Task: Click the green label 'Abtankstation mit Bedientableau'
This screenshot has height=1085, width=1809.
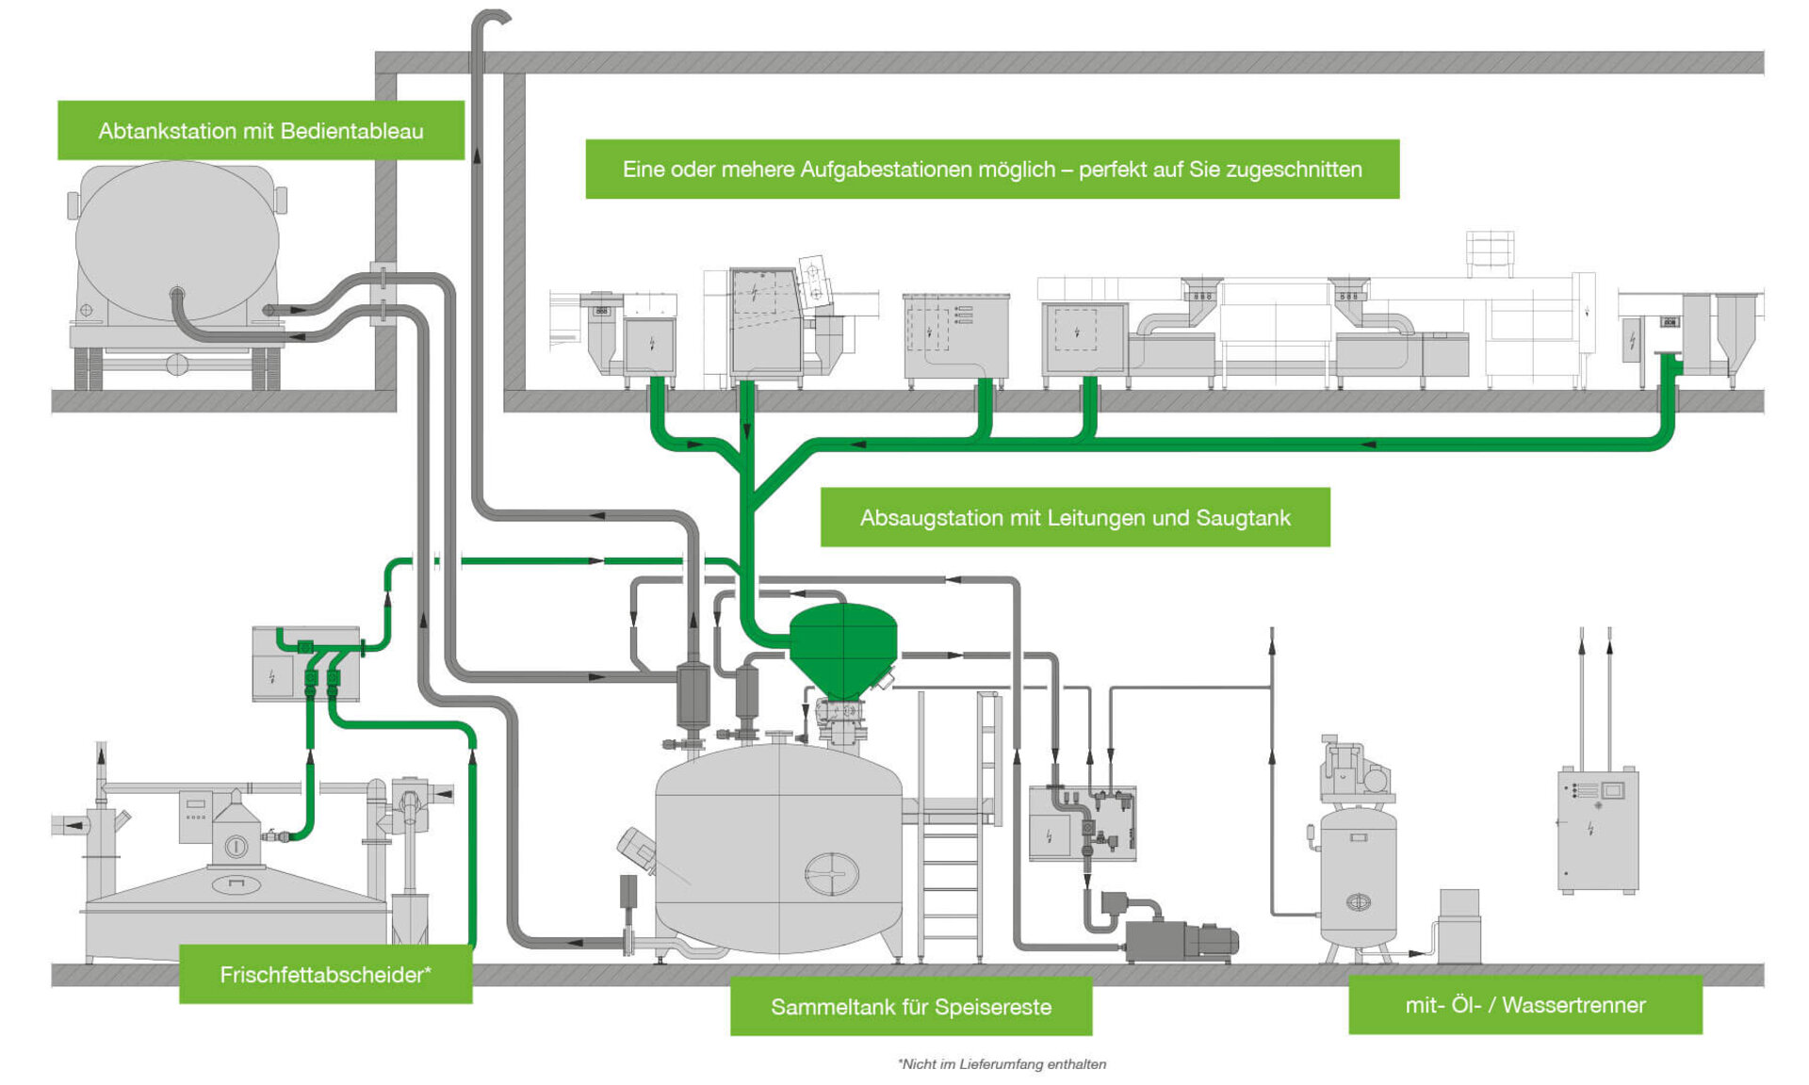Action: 261,131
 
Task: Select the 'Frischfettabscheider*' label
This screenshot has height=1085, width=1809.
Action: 325,975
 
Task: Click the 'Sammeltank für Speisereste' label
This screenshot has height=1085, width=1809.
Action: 911,1007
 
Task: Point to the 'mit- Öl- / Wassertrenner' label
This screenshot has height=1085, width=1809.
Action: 1524,1005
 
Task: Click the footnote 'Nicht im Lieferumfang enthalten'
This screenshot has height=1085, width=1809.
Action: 1002,1064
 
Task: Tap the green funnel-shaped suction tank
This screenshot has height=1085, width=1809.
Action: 842,645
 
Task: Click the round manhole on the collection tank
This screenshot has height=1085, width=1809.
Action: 831,874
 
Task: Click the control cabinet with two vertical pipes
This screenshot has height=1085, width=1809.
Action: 1599,829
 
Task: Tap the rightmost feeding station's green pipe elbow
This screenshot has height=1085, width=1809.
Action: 1668,362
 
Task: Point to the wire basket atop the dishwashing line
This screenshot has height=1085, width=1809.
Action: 1490,251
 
